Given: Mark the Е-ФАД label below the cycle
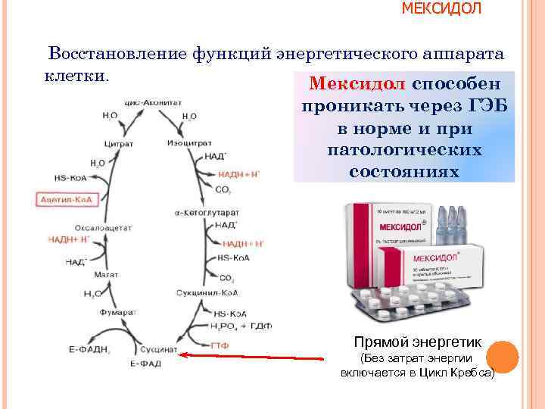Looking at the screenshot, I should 143,365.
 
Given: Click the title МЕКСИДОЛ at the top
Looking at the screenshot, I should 440,8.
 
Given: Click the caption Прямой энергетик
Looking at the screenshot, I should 417,342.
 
